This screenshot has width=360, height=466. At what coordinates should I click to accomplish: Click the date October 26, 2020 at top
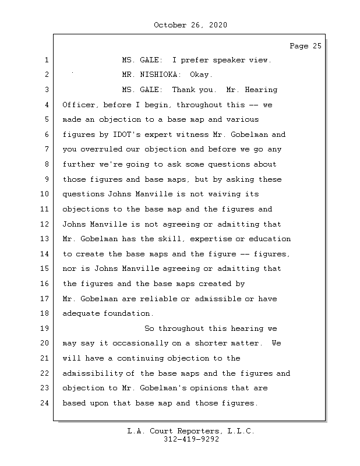coord(190,25)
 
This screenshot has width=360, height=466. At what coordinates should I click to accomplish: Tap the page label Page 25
coord(305,45)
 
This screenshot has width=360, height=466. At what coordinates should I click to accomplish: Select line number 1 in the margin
coord(45,60)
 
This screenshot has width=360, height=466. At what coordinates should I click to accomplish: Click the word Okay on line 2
coord(201,75)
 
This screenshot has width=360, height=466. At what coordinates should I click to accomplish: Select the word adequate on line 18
coord(81,313)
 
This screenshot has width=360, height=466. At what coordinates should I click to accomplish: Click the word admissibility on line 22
coord(93,373)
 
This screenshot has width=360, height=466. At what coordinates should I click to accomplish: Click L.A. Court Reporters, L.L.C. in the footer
coord(190,431)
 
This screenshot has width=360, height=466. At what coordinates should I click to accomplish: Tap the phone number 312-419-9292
coord(190,439)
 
